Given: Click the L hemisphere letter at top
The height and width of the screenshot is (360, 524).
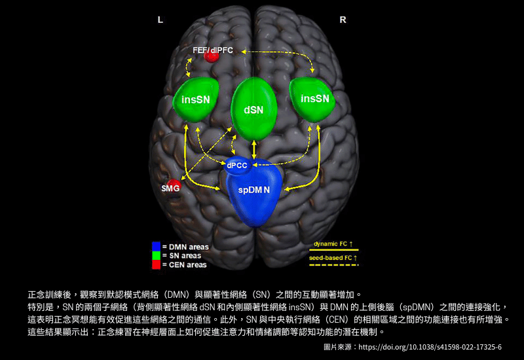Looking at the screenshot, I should [160, 20].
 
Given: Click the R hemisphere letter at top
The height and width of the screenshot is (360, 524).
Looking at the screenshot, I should [343, 20].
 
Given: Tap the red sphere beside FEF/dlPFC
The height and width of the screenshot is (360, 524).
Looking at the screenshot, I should [212, 56].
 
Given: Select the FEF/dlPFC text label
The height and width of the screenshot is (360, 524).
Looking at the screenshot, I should [213, 50].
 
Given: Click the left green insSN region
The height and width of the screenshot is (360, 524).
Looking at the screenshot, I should [196, 99].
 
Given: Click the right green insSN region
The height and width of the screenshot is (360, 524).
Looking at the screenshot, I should [314, 99].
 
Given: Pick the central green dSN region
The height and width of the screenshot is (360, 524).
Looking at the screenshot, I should [253, 109].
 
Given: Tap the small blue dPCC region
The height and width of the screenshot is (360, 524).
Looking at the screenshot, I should [236, 166].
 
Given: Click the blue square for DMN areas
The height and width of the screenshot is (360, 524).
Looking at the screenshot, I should [156, 246].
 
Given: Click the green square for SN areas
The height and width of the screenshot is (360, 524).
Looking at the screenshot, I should [156, 255].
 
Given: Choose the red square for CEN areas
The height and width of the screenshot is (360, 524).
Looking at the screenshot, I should [156, 264].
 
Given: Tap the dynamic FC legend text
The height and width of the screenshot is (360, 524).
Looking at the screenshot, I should [333, 244].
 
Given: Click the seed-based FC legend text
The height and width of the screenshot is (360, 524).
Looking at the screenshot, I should [333, 258].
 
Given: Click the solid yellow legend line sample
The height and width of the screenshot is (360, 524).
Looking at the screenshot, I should [333, 250].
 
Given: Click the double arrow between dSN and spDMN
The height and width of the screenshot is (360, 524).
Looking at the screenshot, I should [253, 149].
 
